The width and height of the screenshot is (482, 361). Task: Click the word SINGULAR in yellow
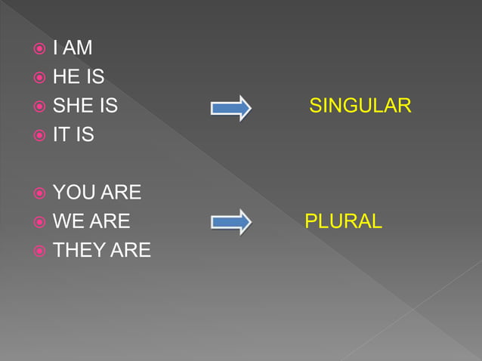click(360, 106)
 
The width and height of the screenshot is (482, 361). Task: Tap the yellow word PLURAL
click(343, 221)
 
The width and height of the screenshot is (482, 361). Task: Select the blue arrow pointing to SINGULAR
click(230, 108)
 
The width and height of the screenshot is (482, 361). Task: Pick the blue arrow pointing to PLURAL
click(230, 222)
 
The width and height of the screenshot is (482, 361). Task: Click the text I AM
click(73, 48)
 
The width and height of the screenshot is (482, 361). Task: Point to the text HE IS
click(78, 77)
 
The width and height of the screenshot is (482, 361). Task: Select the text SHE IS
click(85, 106)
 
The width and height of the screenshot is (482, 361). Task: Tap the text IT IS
click(73, 135)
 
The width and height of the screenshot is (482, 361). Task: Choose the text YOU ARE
click(97, 193)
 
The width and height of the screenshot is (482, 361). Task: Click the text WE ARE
click(91, 221)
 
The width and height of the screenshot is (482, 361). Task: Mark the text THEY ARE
click(101, 250)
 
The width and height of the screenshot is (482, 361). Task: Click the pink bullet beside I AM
click(39, 49)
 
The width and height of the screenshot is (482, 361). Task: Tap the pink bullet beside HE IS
click(39, 78)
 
